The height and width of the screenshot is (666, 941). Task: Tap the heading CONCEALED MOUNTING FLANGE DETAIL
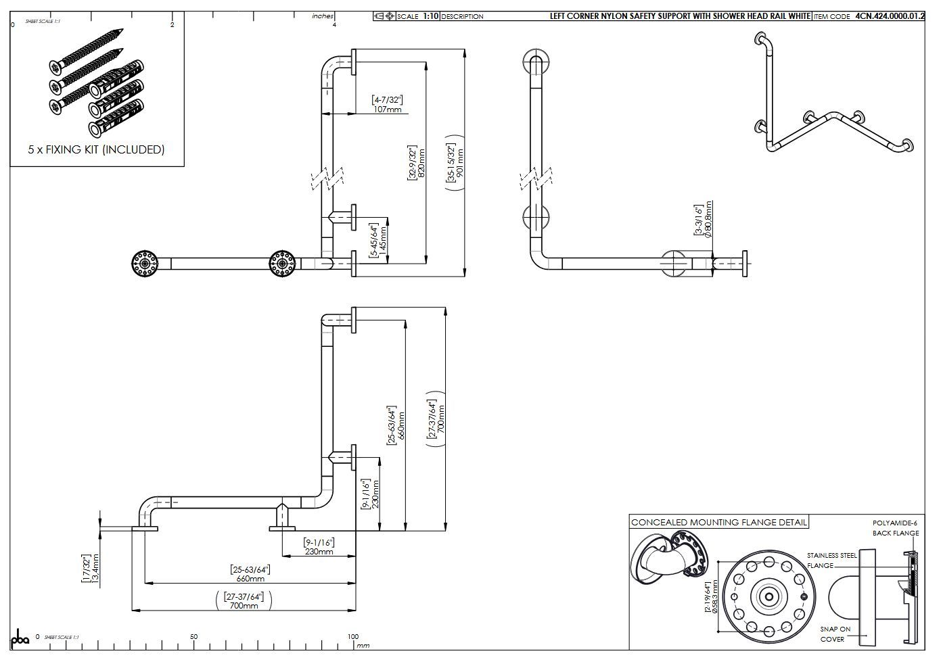[718, 523]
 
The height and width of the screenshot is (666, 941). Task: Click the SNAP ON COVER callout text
[835, 634]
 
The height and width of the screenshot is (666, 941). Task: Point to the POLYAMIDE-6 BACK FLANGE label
[895, 528]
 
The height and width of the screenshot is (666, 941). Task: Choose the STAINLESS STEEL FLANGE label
[831, 561]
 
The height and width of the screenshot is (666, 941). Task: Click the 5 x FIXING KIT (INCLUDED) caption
[96, 149]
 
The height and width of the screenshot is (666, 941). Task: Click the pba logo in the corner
[20, 638]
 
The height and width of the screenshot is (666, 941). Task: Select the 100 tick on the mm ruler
[352, 637]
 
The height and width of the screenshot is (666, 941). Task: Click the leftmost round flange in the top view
[145, 263]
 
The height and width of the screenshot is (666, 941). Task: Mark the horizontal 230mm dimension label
[319, 547]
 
